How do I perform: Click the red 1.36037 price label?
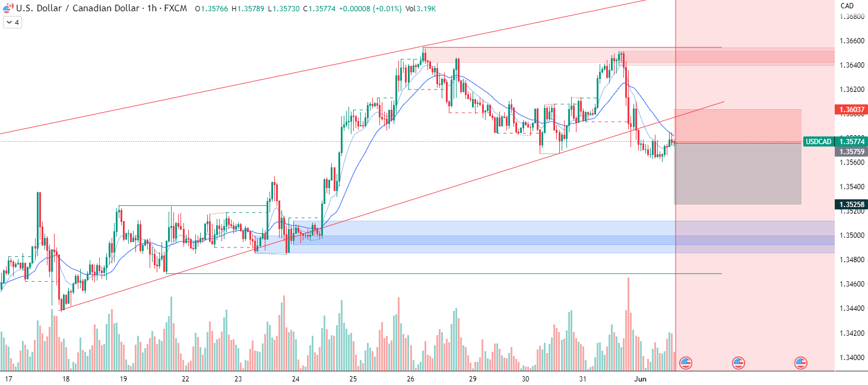851,110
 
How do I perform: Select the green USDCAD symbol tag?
818,142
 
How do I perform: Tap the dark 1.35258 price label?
851,205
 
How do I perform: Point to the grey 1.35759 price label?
851,152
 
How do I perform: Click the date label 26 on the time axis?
410,378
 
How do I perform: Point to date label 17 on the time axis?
9,378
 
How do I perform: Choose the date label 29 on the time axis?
473,378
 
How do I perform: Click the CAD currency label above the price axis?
847,5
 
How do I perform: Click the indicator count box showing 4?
12,23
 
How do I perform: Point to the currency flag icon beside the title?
7,9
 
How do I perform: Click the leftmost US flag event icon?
686,362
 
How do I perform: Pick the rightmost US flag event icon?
801,362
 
